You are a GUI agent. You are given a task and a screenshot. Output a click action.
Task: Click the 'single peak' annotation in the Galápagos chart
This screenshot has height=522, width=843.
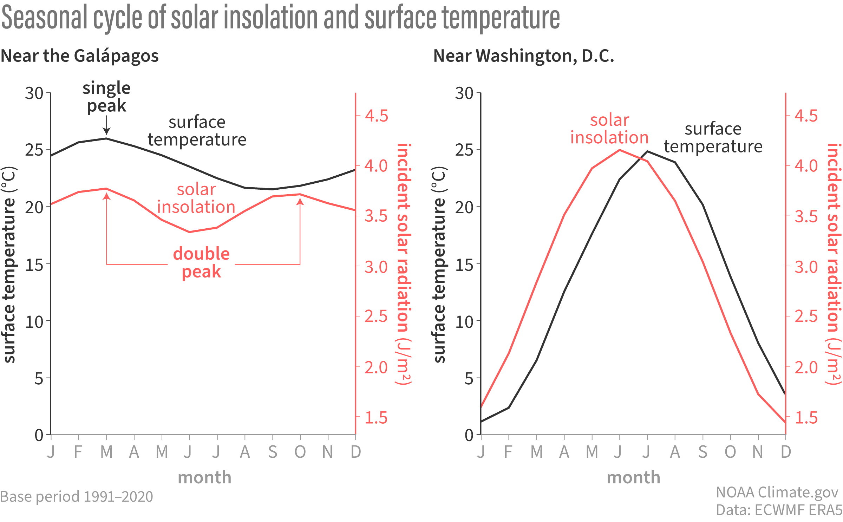click(106, 97)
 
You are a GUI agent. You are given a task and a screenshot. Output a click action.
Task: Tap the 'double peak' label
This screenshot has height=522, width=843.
click(201, 262)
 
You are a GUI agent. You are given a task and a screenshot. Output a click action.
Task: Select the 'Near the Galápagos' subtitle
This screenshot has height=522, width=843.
click(80, 56)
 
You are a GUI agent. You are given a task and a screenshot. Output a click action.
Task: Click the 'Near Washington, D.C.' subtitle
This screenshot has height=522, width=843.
click(524, 56)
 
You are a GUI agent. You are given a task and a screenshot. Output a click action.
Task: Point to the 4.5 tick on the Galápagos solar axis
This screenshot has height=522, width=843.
click(377, 116)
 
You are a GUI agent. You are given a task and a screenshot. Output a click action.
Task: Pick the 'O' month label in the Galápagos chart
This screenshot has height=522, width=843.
click(300, 452)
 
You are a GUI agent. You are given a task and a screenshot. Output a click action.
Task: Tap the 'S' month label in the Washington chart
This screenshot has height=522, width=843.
click(702, 452)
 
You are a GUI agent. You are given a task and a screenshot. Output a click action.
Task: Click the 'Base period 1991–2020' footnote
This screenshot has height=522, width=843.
click(77, 497)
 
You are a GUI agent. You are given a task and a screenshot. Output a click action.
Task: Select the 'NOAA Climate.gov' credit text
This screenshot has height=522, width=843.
click(777, 492)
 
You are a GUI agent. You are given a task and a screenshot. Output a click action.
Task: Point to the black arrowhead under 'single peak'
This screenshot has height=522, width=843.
click(106, 132)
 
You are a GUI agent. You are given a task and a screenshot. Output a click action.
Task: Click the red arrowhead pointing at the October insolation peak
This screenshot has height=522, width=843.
click(300, 202)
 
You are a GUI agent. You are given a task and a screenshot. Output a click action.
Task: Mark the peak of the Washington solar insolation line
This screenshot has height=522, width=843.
click(620, 150)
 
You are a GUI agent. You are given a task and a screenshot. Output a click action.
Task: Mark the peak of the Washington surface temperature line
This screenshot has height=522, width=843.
click(647, 151)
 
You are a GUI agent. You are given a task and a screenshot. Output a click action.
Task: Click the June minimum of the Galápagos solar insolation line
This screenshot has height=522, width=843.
click(190, 232)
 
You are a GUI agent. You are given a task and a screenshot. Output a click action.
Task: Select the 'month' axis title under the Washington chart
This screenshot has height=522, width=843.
click(633, 477)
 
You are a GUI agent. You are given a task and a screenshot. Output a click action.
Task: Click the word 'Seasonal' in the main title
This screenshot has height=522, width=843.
click(45, 18)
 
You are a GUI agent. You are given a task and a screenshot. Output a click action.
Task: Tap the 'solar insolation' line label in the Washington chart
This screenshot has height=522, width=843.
click(609, 129)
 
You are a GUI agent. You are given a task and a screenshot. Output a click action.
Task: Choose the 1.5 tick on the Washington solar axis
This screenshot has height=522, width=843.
click(806, 418)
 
